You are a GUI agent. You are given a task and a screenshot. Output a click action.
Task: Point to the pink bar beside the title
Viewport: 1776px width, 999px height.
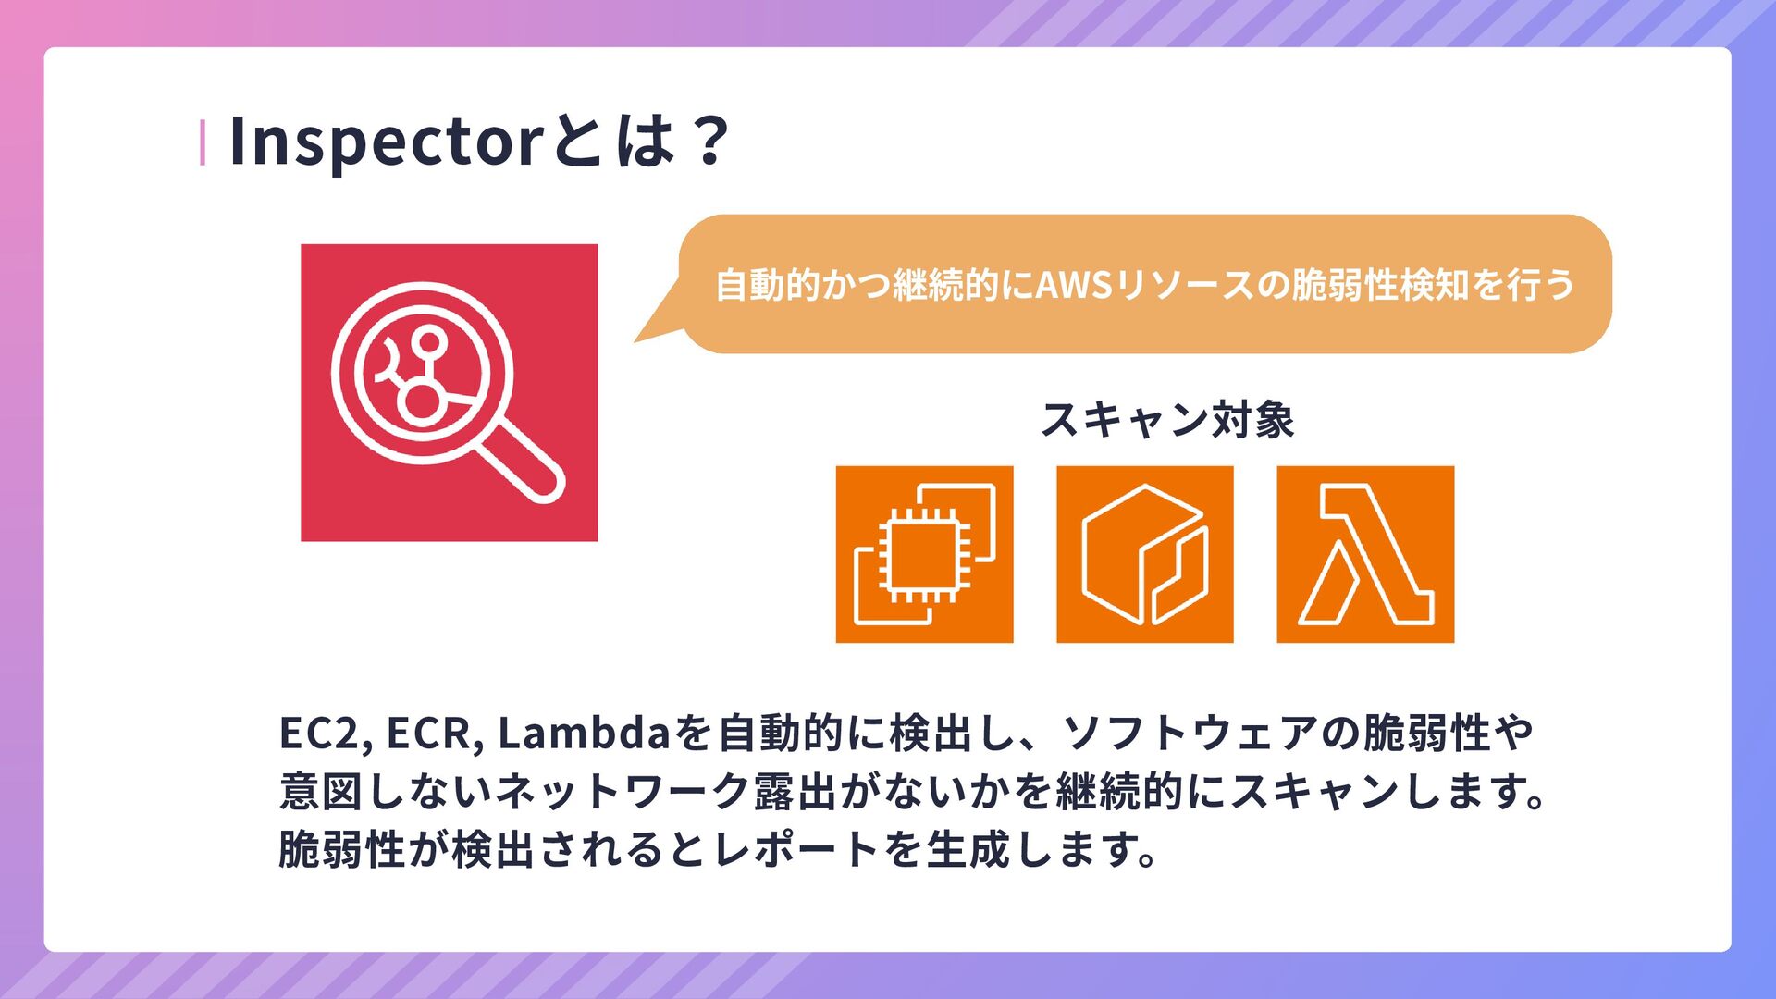[203, 143]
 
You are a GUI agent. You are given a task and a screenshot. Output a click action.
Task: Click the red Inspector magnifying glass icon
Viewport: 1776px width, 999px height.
[449, 392]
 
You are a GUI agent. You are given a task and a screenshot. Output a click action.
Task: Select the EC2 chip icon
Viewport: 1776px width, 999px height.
[924, 554]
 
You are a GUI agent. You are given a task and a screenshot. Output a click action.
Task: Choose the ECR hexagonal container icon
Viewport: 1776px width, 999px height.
[1144, 554]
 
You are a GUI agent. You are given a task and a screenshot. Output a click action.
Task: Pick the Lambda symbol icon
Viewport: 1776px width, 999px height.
[1365, 554]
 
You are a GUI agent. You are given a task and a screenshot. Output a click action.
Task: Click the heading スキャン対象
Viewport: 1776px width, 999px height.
[1166, 420]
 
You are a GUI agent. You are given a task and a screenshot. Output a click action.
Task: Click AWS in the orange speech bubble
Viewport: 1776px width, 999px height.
[1073, 285]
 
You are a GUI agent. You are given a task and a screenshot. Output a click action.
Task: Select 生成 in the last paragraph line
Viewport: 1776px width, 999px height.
[967, 849]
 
